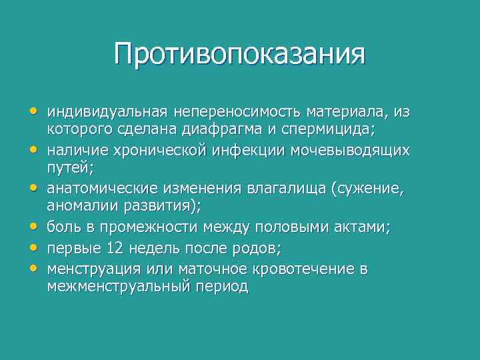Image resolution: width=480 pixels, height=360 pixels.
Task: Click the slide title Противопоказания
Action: [x=239, y=53]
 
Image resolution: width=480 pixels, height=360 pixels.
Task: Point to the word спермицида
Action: [x=339, y=129]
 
